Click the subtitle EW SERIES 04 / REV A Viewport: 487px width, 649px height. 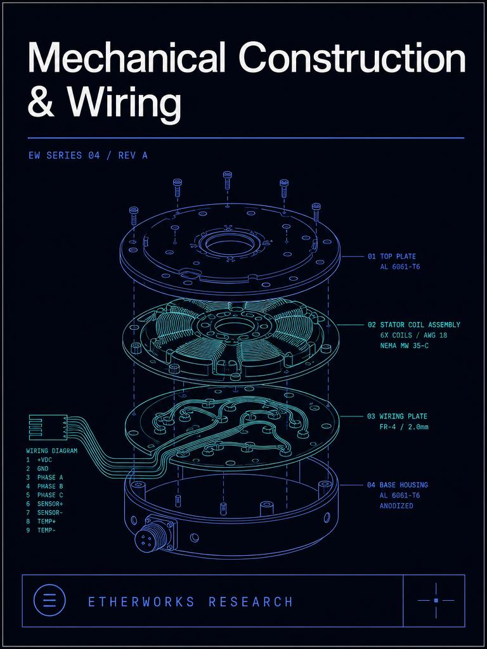point(88,156)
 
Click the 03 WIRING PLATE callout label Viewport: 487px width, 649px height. point(397,416)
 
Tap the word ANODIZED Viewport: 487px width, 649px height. point(396,506)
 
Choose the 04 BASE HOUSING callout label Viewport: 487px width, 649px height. point(397,485)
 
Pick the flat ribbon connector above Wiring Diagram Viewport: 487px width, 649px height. point(48,427)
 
